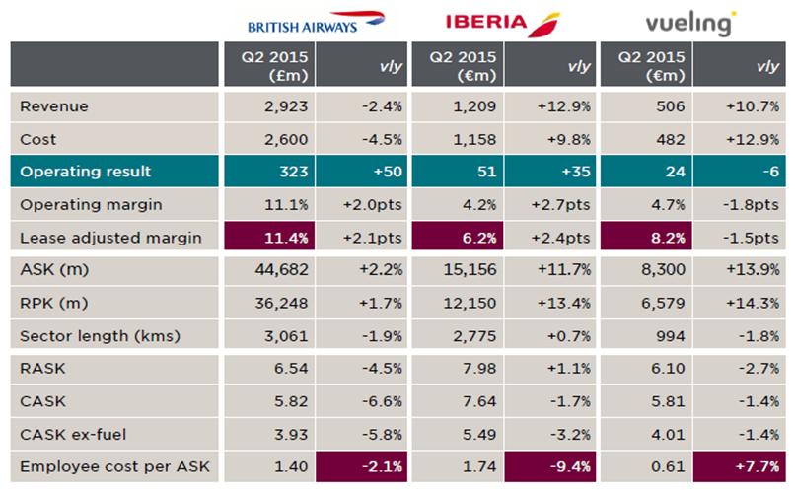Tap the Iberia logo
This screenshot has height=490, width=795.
[x=502, y=21]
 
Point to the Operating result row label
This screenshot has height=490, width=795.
[x=86, y=172]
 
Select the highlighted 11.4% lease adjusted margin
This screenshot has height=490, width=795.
[x=285, y=238]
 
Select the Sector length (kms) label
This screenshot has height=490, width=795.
[x=101, y=336]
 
